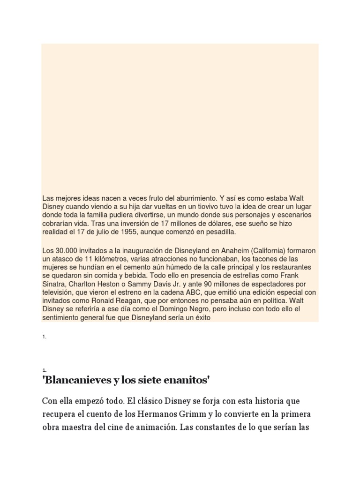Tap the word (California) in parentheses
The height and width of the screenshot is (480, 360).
click(262, 250)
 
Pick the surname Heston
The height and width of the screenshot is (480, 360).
click(110, 284)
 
